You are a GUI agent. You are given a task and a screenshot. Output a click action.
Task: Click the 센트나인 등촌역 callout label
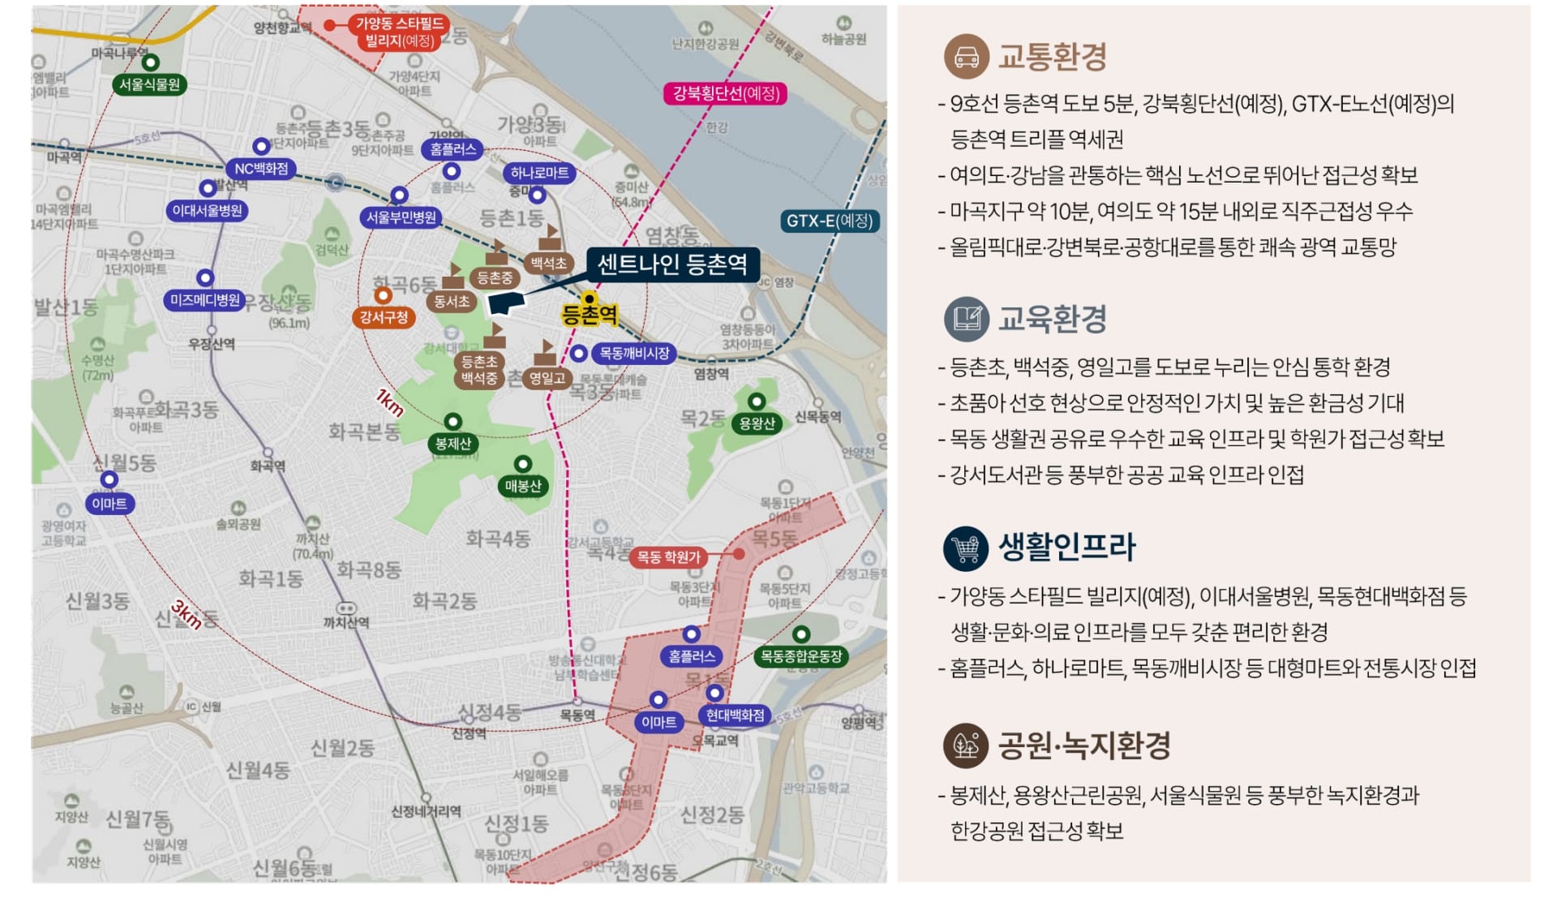[672, 264]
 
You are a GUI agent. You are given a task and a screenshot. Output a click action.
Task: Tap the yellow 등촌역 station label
[590, 315]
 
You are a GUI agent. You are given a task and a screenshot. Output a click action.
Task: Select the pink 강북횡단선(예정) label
[726, 93]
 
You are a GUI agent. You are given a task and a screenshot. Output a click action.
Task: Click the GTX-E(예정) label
[830, 221]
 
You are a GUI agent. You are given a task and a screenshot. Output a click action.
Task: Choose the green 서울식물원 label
[150, 84]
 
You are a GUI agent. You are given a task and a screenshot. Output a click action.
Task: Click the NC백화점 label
[261, 169]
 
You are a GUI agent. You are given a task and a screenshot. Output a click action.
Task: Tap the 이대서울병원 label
[208, 211]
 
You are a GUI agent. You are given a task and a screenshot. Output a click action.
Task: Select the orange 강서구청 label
[384, 317]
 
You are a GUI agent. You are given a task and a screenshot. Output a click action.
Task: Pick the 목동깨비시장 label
[634, 354]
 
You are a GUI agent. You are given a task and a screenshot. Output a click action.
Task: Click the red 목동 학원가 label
[668, 557]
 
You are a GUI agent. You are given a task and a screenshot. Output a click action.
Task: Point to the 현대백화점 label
[735, 715]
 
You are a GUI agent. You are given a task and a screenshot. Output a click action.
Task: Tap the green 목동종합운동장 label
[801, 656]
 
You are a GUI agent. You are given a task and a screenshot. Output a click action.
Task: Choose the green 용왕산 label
[757, 423]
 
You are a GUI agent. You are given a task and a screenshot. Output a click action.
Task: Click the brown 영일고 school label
[547, 378]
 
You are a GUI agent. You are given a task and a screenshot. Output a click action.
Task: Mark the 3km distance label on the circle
[187, 615]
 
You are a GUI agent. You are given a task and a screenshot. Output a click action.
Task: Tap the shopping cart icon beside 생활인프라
[966, 548]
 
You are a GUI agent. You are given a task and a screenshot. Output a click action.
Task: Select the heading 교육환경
[1052, 319]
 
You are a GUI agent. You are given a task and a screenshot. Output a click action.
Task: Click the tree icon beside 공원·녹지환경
[966, 745]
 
